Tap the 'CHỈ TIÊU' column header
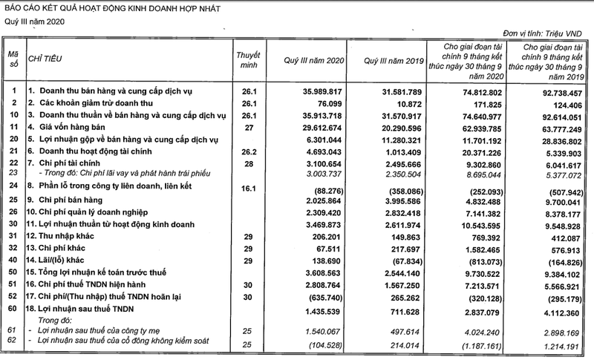click(x=45, y=56)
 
